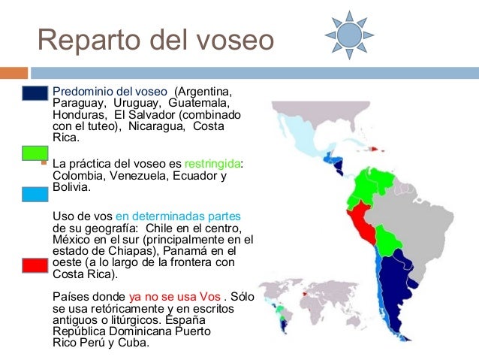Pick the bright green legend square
(x=35, y=151)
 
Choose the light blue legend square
(x=35, y=195)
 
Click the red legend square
(x=35, y=266)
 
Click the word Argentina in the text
(x=206, y=92)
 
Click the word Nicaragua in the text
(x=157, y=127)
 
